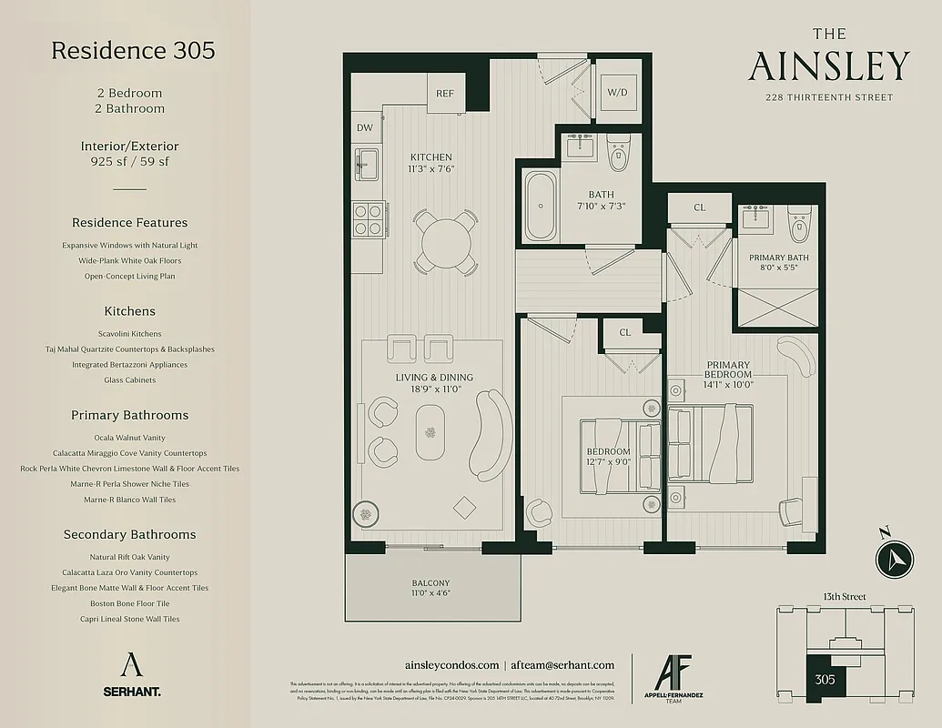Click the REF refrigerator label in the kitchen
tap(445, 94)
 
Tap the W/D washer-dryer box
tap(618, 92)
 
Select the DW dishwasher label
tap(365, 128)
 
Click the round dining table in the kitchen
tap(445, 241)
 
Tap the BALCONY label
tap(430, 583)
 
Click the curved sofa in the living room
tap(491, 435)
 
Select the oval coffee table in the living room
tap(431, 432)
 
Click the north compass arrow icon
tap(894, 556)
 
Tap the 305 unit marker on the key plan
tap(825, 679)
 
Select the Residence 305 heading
tap(133, 50)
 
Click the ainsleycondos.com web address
tap(451, 665)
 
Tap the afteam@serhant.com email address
tap(564, 665)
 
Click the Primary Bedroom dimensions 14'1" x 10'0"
tap(727, 384)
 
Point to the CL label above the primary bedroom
tap(700, 207)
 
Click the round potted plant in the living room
tap(367, 514)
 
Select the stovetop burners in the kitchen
tap(368, 218)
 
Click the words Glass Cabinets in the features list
tap(129, 380)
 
